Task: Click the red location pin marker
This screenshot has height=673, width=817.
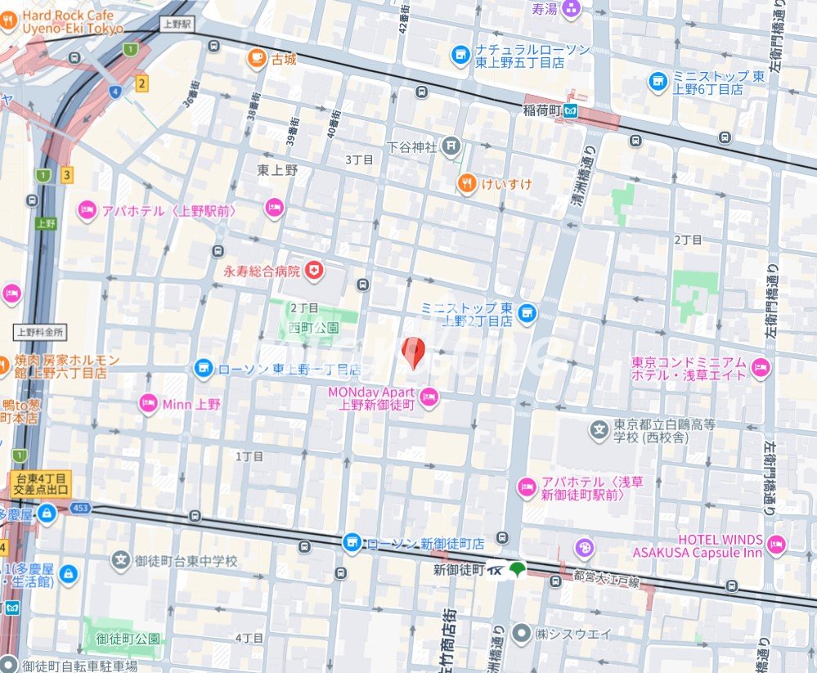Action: click(x=415, y=352)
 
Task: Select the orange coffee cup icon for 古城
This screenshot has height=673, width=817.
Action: click(x=257, y=58)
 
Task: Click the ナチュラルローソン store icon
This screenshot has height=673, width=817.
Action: click(x=460, y=56)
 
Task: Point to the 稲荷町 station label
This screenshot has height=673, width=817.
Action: click(x=543, y=109)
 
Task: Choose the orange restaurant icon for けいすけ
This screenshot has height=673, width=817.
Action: click(x=467, y=184)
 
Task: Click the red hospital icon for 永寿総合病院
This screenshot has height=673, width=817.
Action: click(x=313, y=270)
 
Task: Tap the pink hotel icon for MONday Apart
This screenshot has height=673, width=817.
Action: click(x=429, y=398)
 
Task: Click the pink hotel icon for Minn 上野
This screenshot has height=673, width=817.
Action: click(x=148, y=403)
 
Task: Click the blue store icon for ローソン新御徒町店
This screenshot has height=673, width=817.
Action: click(x=352, y=543)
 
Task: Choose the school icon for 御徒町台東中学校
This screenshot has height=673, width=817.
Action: click(x=121, y=561)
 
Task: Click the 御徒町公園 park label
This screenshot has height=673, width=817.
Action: click(x=128, y=639)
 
